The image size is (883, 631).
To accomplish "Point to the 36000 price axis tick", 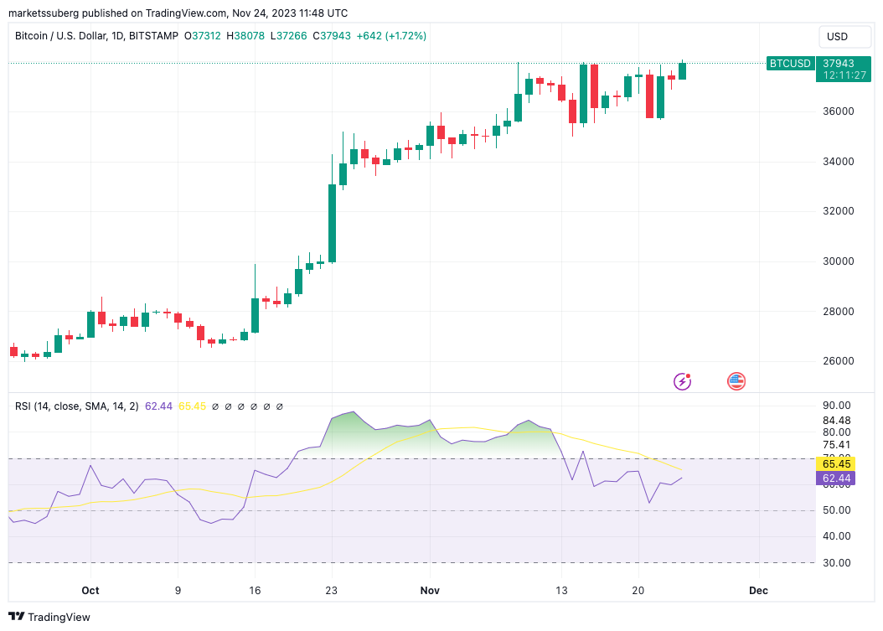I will click(x=839, y=111).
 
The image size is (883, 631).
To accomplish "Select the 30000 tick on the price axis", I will click(x=839, y=261).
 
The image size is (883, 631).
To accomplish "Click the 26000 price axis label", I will click(x=839, y=361).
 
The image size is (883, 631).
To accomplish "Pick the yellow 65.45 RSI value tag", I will click(x=835, y=463).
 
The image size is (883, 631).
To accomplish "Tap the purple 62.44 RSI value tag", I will click(x=835, y=478).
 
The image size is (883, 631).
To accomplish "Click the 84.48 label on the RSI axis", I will click(x=836, y=421).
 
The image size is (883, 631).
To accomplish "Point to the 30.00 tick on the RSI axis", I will click(x=836, y=562).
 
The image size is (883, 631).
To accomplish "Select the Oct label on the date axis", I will click(x=90, y=591).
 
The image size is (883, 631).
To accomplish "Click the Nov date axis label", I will click(x=430, y=591).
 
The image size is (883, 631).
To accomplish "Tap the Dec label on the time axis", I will click(x=758, y=591).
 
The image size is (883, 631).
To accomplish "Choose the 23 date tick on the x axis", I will click(x=332, y=591).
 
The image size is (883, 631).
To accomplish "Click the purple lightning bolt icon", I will click(x=683, y=382).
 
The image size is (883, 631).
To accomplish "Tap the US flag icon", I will click(x=736, y=382).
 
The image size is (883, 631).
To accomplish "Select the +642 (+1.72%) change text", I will click(x=391, y=36).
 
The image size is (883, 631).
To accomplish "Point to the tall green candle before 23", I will click(x=332, y=223).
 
